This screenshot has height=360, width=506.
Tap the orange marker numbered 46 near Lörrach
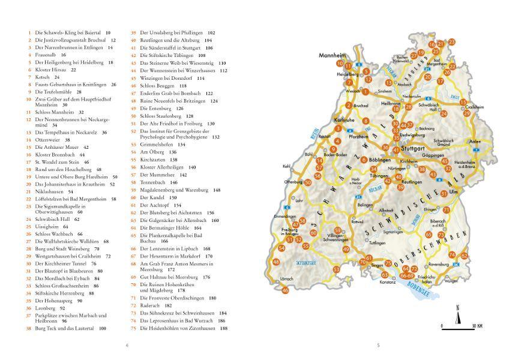point(286,290)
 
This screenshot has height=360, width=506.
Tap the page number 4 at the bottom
point(126,344)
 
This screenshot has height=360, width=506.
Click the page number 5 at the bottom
point(378,344)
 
